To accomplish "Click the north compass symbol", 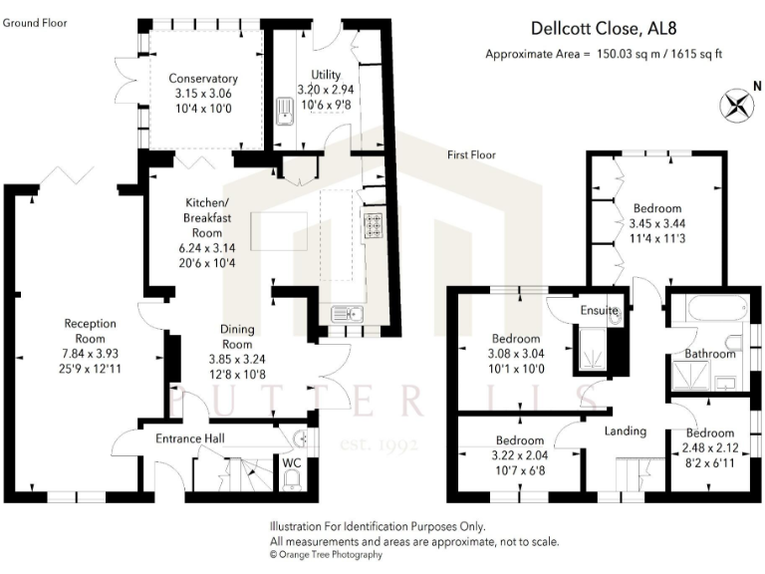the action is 739,104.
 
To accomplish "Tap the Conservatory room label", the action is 202,79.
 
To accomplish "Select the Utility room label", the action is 325,75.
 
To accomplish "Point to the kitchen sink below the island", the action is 350,314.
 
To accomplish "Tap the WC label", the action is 292,463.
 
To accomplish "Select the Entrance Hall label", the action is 189,438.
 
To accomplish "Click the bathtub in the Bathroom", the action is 707,311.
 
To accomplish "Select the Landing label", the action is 626,430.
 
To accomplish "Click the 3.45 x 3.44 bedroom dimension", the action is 656,224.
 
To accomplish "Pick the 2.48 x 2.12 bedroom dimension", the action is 708,449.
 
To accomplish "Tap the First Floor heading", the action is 471,154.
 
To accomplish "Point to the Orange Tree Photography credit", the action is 326,555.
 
